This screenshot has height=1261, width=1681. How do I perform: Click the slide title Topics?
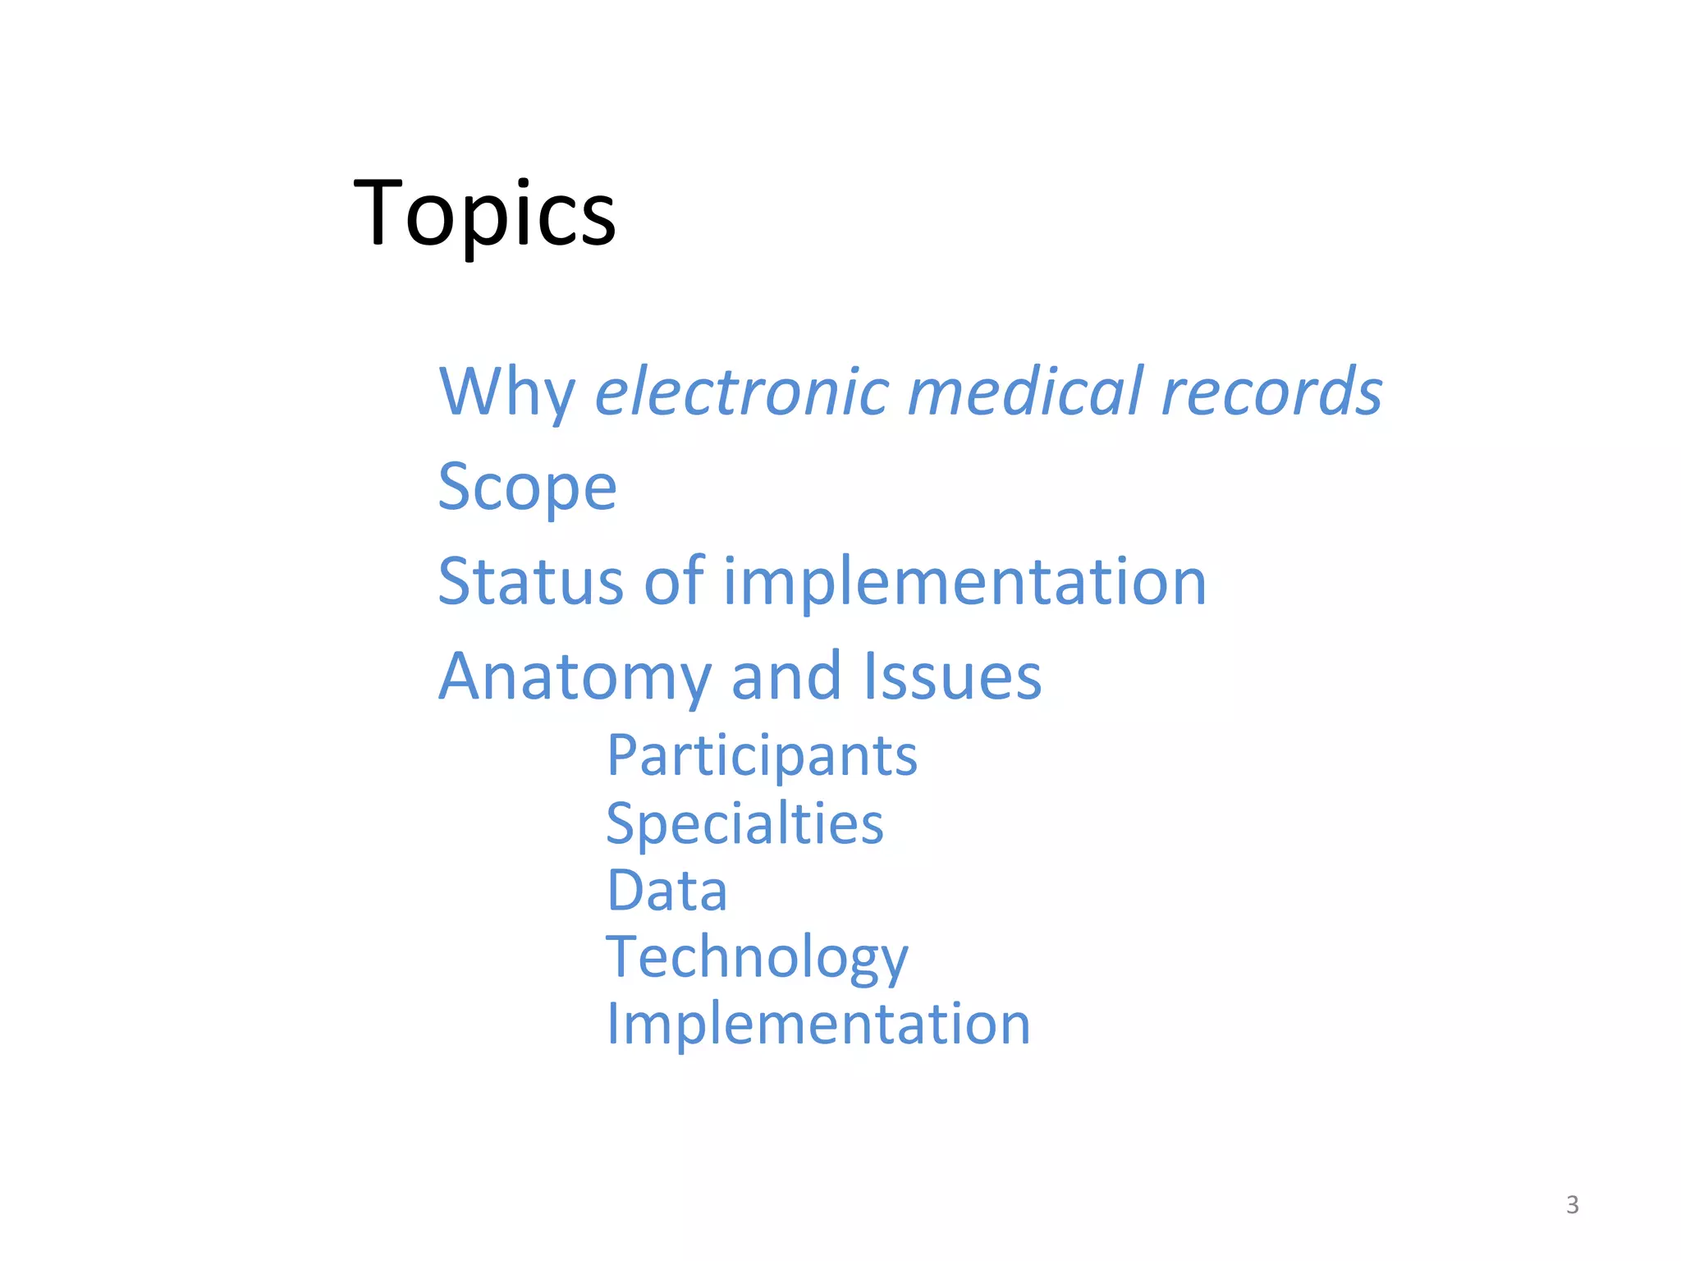coord(484,213)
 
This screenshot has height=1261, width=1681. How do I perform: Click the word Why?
coord(506,392)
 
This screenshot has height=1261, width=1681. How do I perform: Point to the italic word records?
coord(1271,392)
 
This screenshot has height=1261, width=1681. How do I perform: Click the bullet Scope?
coord(527,487)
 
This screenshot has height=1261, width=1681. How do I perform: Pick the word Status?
coord(530,581)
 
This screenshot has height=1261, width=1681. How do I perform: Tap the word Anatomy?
coord(575,677)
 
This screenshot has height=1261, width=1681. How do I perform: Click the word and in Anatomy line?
coord(786,676)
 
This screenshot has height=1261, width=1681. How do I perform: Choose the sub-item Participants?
coord(762,756)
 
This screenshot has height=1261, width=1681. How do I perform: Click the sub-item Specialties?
coord(744,823)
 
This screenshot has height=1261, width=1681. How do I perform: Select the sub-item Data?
coord(666,891)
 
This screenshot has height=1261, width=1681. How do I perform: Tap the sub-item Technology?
coord(757,958)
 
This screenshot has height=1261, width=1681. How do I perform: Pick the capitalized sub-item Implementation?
coord(818,1025)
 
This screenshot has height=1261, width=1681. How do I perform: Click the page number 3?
coord(1572,1204)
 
